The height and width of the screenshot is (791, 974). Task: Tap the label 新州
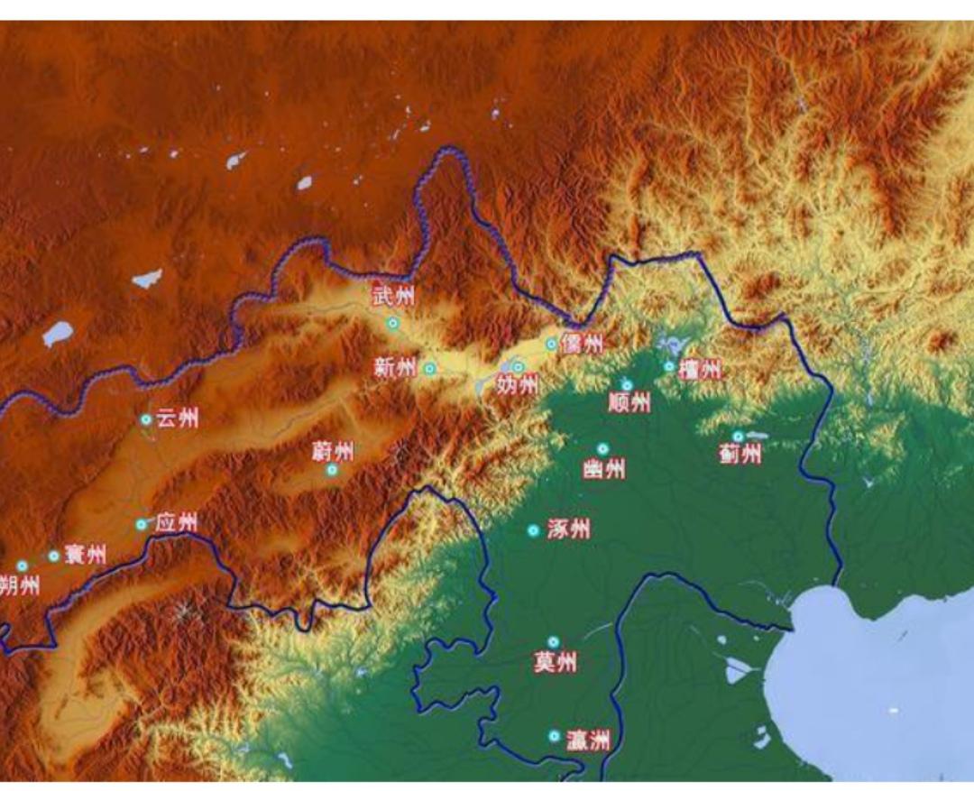[x=395, y=368]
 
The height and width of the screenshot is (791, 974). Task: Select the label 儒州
[x=582, y=344]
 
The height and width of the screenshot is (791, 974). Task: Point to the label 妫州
[x=517, y=386]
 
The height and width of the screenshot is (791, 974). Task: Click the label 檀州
[x=700, y=369]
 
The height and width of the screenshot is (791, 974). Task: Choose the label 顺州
[x=629, y=402]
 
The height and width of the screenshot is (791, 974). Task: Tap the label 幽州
[x=604, y=469]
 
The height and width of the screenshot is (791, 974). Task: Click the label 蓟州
[x=740, y=455]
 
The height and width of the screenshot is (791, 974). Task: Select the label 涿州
[x=569, y=529]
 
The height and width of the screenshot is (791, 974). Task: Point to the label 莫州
[x=555, y=663]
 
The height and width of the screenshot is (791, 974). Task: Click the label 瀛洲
[x=588, y=741]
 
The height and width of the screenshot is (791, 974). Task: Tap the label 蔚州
[x=333, y=450]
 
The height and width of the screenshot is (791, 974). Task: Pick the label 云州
[x=177, y=419]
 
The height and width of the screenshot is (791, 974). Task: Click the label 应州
[x=176, y=523]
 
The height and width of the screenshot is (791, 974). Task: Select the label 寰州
[x=85, y=556]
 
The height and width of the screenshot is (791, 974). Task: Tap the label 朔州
[x=20, y=586]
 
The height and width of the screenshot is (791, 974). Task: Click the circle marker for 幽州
[x=602, y=449]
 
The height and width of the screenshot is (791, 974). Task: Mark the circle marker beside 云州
[x=145, y=419]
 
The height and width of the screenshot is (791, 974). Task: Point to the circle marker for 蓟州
[x=738, y=437]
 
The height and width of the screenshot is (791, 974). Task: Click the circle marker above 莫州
[x=554, y=642]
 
